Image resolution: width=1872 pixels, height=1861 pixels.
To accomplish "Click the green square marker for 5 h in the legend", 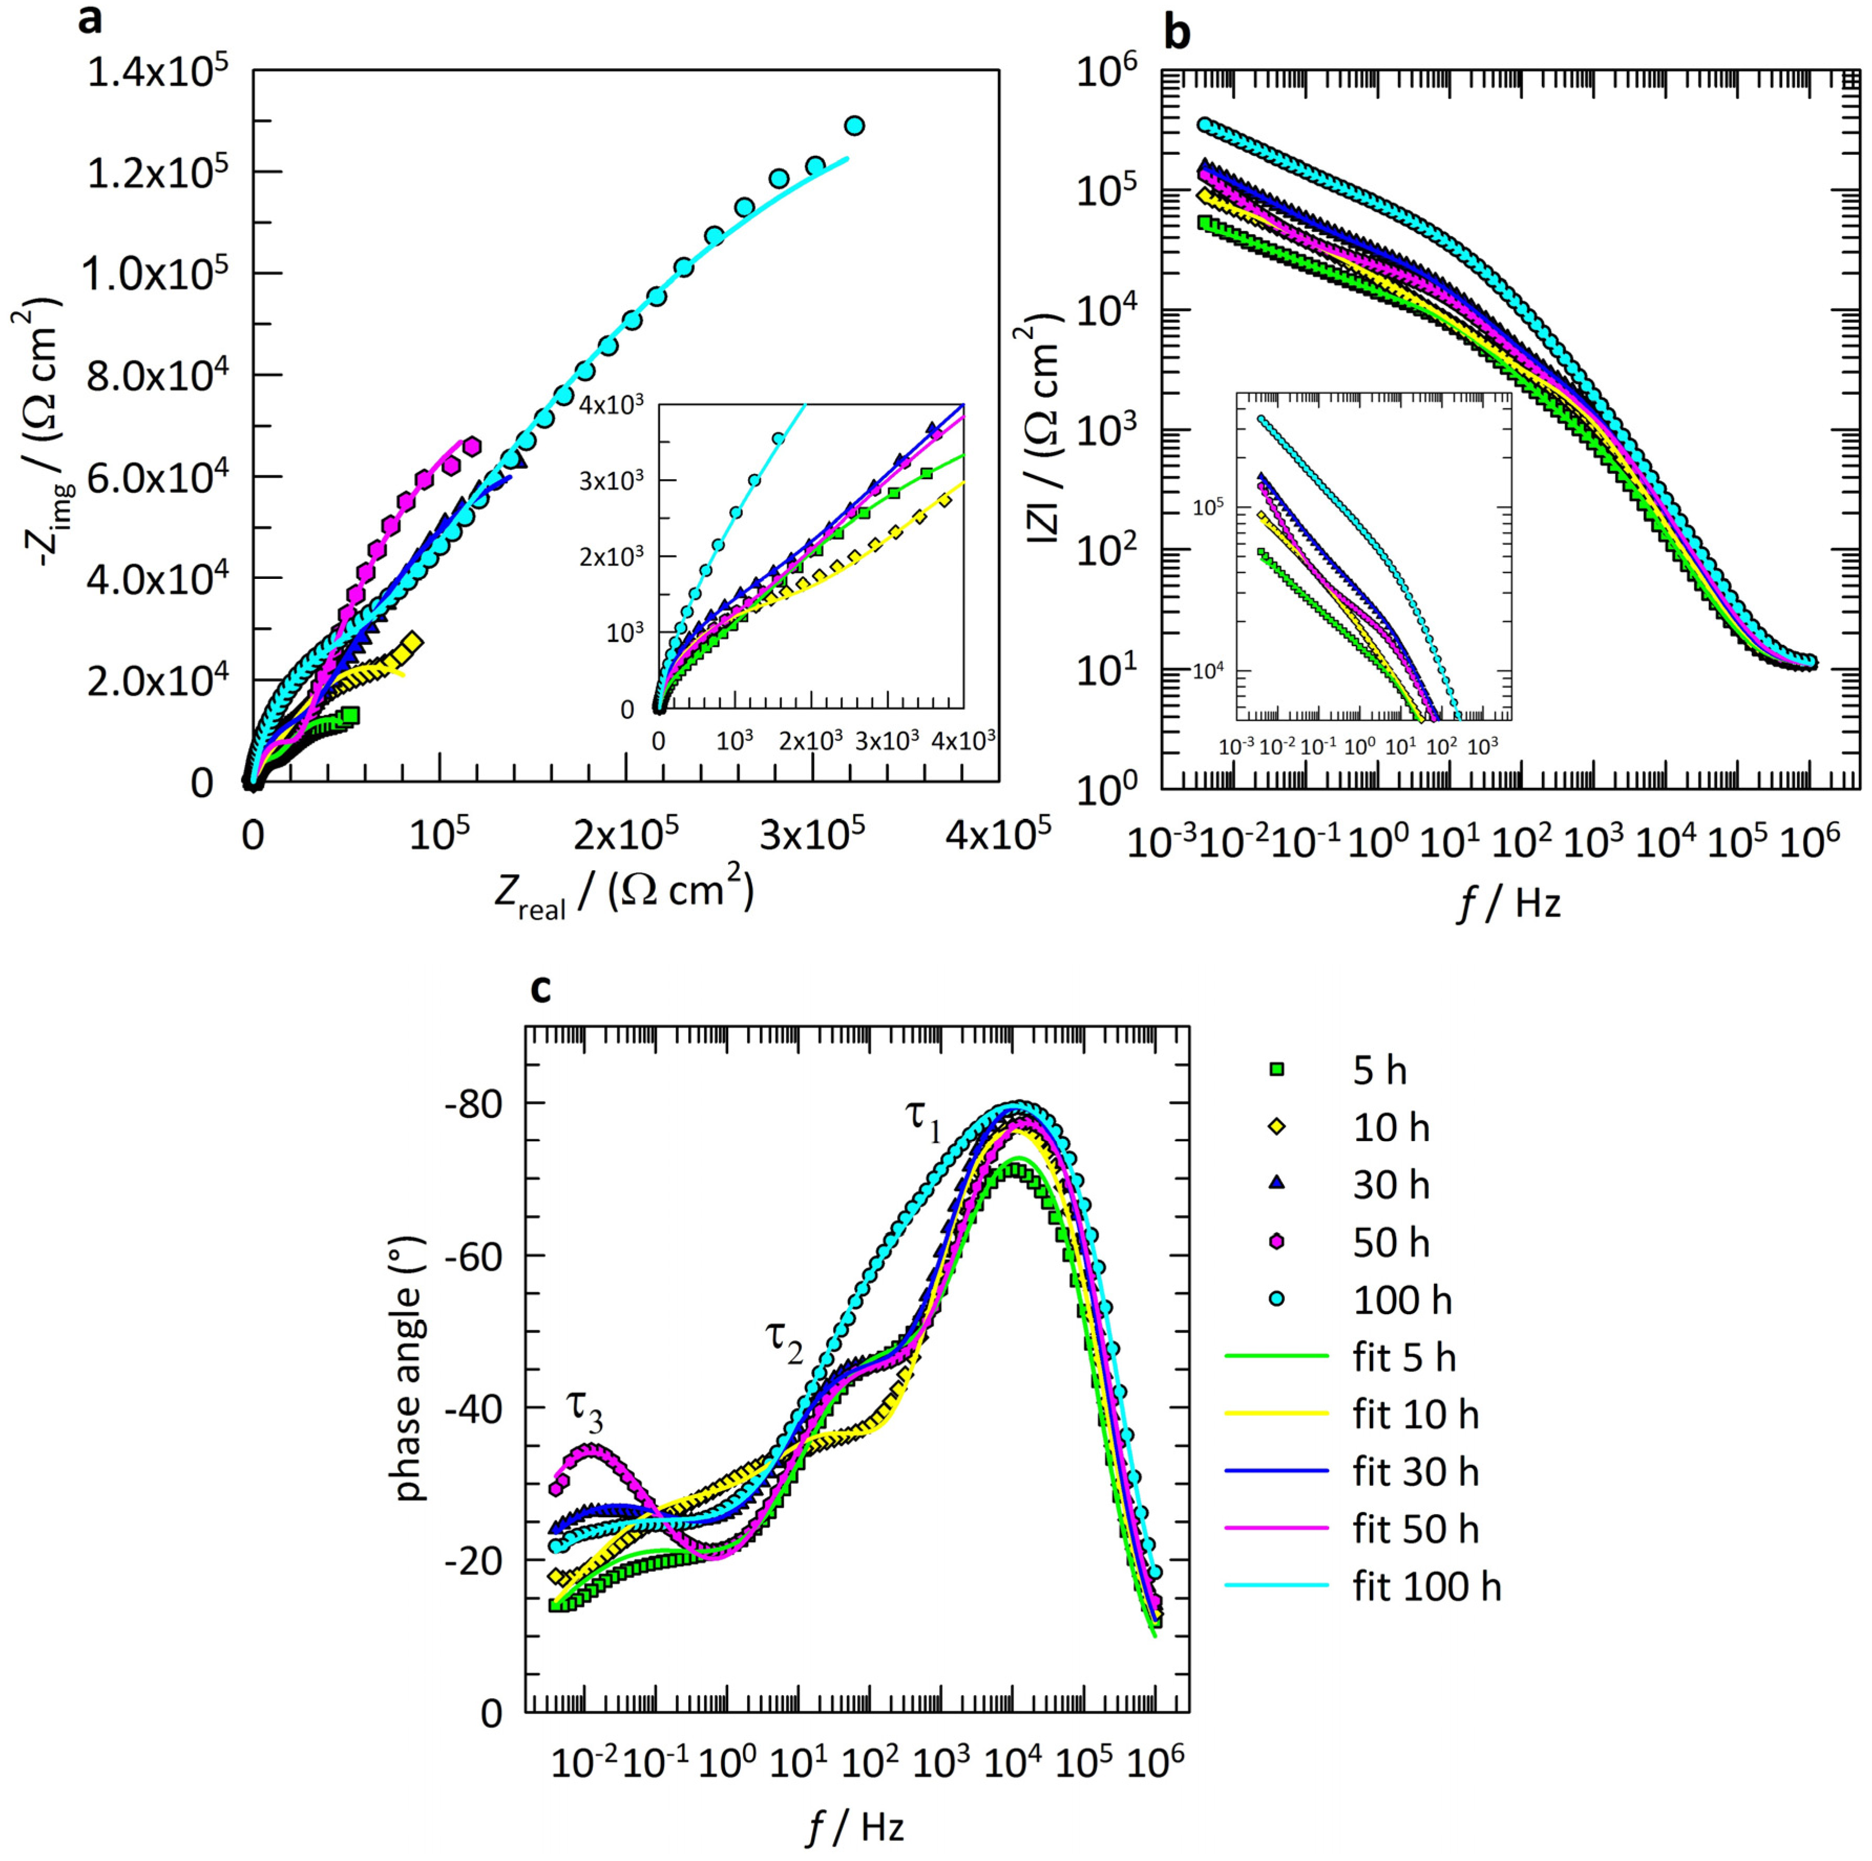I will click(x=1277, y=1070).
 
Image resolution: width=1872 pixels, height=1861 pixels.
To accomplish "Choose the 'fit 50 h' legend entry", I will click(x=1416, y=1529).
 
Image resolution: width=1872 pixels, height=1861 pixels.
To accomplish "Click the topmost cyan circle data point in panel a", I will click(x=854, y=126).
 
